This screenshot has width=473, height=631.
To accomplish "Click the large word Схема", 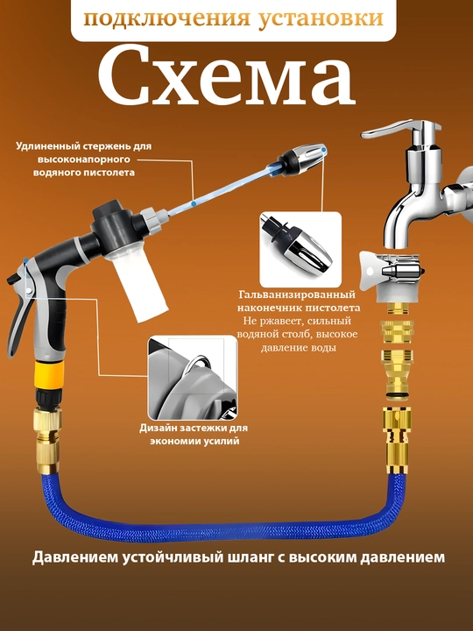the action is tap(227, 76).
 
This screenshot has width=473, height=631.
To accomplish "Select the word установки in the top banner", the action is tap(321, 18).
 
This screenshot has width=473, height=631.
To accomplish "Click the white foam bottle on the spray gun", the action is tap(138, 285).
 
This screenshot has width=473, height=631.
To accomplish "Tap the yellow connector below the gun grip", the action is tap(49, 374).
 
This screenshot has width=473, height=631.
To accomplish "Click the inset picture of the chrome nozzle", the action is tap(300, 250).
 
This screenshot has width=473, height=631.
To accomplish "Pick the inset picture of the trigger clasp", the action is tap(193, 378).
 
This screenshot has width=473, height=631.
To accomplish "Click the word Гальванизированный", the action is tap(297, 294).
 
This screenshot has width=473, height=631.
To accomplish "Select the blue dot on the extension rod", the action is tap(194, 204).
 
